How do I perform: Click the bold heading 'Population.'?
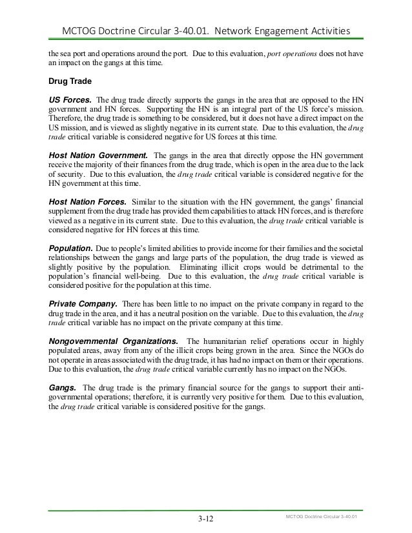click(70, 248)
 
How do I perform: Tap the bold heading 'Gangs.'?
click(63, 387)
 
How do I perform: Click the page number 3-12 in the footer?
click(206, 518)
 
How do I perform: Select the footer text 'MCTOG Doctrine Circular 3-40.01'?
click(321, 517)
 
